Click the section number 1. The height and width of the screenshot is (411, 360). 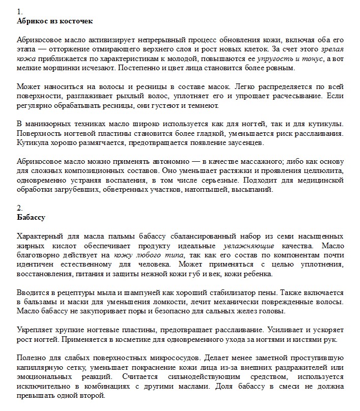click(x=19, y=11)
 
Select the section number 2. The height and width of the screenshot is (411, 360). click(x=20, y=208)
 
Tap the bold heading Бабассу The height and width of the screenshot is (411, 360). click(x=31, y=217)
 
